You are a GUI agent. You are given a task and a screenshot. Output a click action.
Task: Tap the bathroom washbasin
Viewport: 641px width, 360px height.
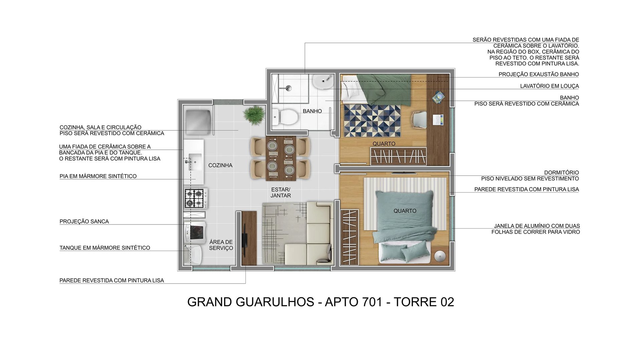[x=323, y=81]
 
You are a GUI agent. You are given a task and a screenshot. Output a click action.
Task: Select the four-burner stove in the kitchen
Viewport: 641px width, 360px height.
[x=195, y=198]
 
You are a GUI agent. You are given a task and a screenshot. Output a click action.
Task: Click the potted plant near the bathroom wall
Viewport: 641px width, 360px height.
[x=254, y=115]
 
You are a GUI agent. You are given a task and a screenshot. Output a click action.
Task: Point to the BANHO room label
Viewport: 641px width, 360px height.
[x=312, y=111]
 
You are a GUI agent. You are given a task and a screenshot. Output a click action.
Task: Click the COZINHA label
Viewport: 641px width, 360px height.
[x=220, y=165]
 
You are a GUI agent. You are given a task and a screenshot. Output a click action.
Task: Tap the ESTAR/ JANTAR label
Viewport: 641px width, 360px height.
[x=280, y=193]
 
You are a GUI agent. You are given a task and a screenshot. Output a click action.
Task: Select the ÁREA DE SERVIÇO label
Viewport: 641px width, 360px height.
[x=221, y=245]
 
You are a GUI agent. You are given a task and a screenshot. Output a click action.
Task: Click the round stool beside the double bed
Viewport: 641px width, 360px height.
[x=440, y=256]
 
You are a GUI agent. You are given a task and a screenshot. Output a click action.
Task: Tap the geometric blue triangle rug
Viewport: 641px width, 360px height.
[x=372, y=120]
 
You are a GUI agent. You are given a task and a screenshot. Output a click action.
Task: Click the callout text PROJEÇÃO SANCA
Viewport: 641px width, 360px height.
[x=84, y=222]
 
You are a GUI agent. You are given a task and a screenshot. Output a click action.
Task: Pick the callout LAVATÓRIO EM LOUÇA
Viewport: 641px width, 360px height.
[x=549, y=86]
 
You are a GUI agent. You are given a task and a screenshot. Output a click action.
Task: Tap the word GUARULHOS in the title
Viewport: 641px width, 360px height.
[x=275, y=302]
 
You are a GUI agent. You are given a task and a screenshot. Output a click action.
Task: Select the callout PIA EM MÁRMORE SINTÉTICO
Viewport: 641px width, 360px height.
[x=98, y=176]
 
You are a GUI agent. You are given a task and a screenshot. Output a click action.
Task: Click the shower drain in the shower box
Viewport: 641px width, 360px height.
[x=288, y=88]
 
